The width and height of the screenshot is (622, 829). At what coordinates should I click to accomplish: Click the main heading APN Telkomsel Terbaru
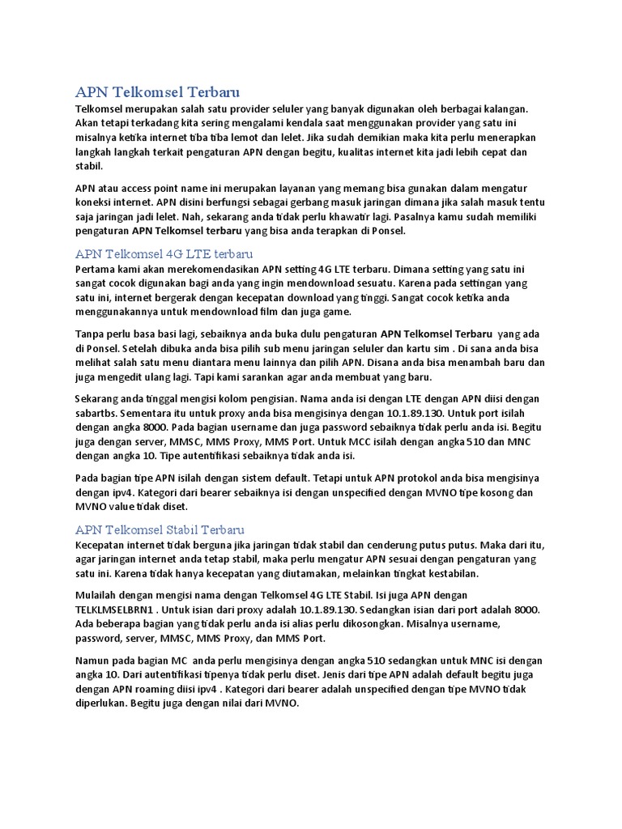pyautogui.click(x=158, y=91)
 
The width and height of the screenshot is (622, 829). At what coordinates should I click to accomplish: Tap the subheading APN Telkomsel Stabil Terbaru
pyautogui.click(x=160, y=530)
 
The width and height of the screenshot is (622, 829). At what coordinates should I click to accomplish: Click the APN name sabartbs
pyautogui.click(x=98, y=412)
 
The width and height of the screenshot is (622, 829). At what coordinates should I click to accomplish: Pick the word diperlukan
pyautogui.click(x=103, y=704)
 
